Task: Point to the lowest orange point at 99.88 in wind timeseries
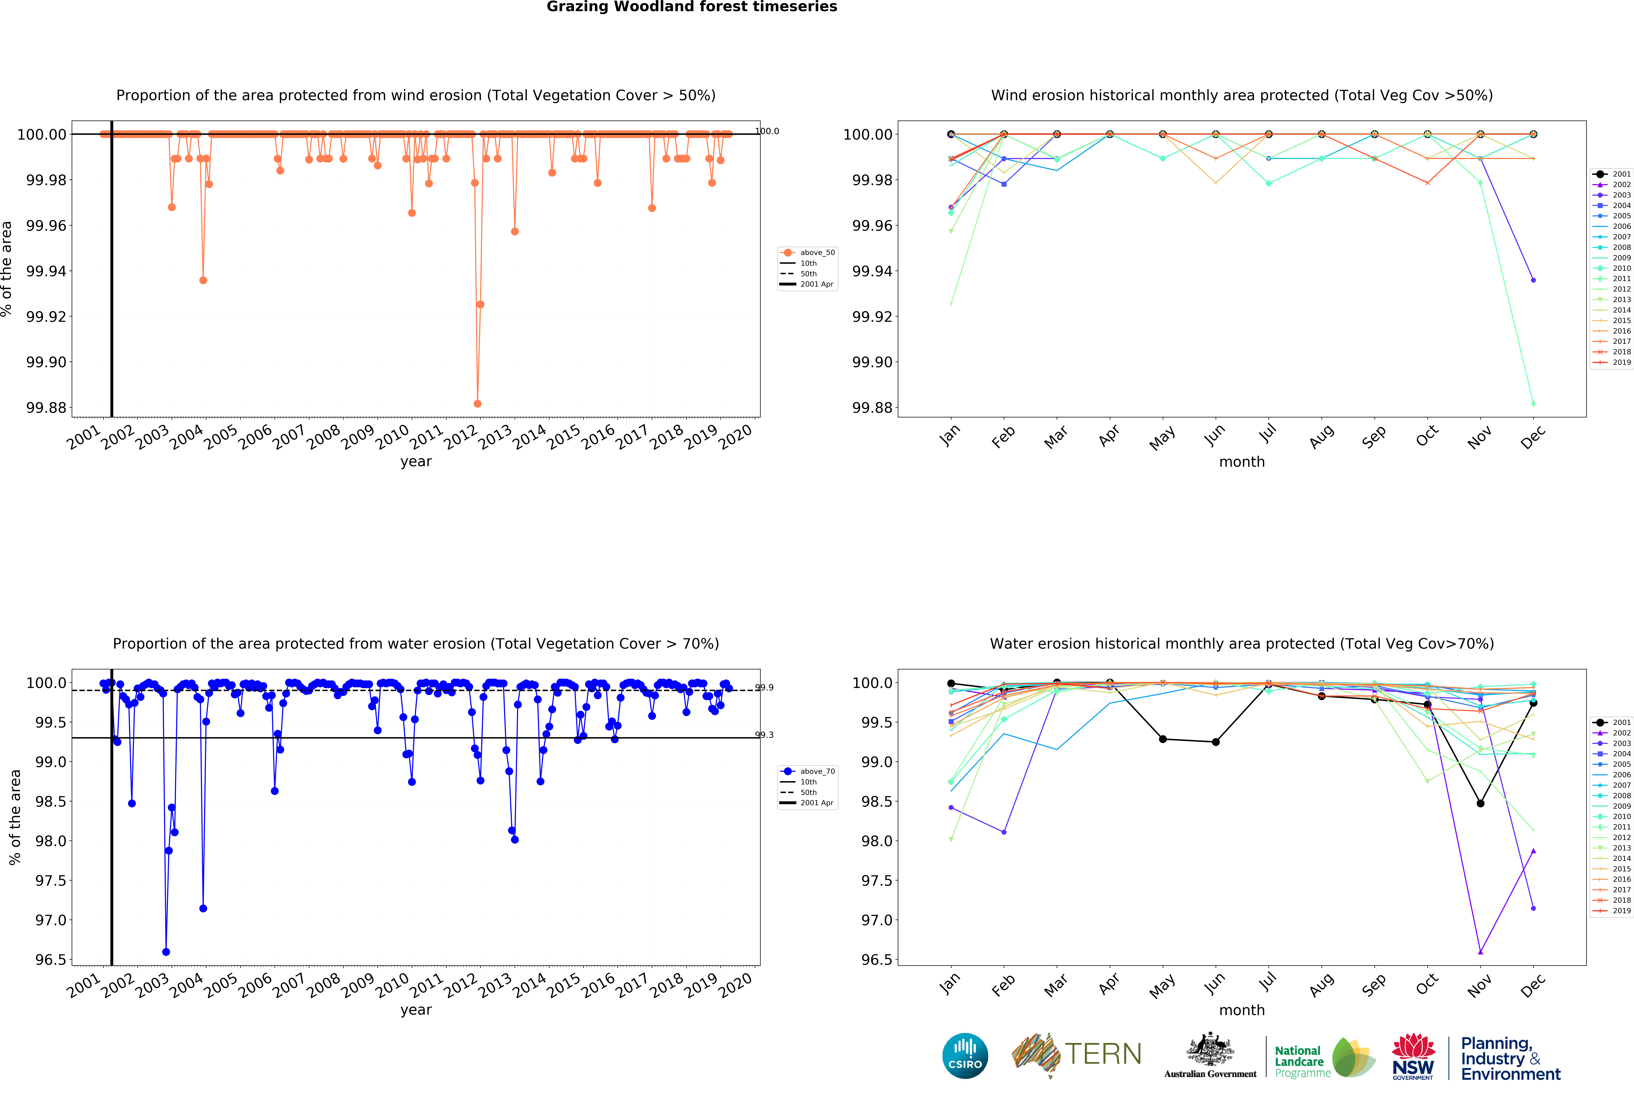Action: (478, 403)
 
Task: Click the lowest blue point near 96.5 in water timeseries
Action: (166, 952)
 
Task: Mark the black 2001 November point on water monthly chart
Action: (1480, 803)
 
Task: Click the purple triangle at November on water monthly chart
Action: (1480, 952)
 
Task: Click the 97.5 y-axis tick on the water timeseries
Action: (50, 880)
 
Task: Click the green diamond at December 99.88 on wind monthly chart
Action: (1533, 403)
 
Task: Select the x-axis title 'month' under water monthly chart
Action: (1241, 1010)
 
